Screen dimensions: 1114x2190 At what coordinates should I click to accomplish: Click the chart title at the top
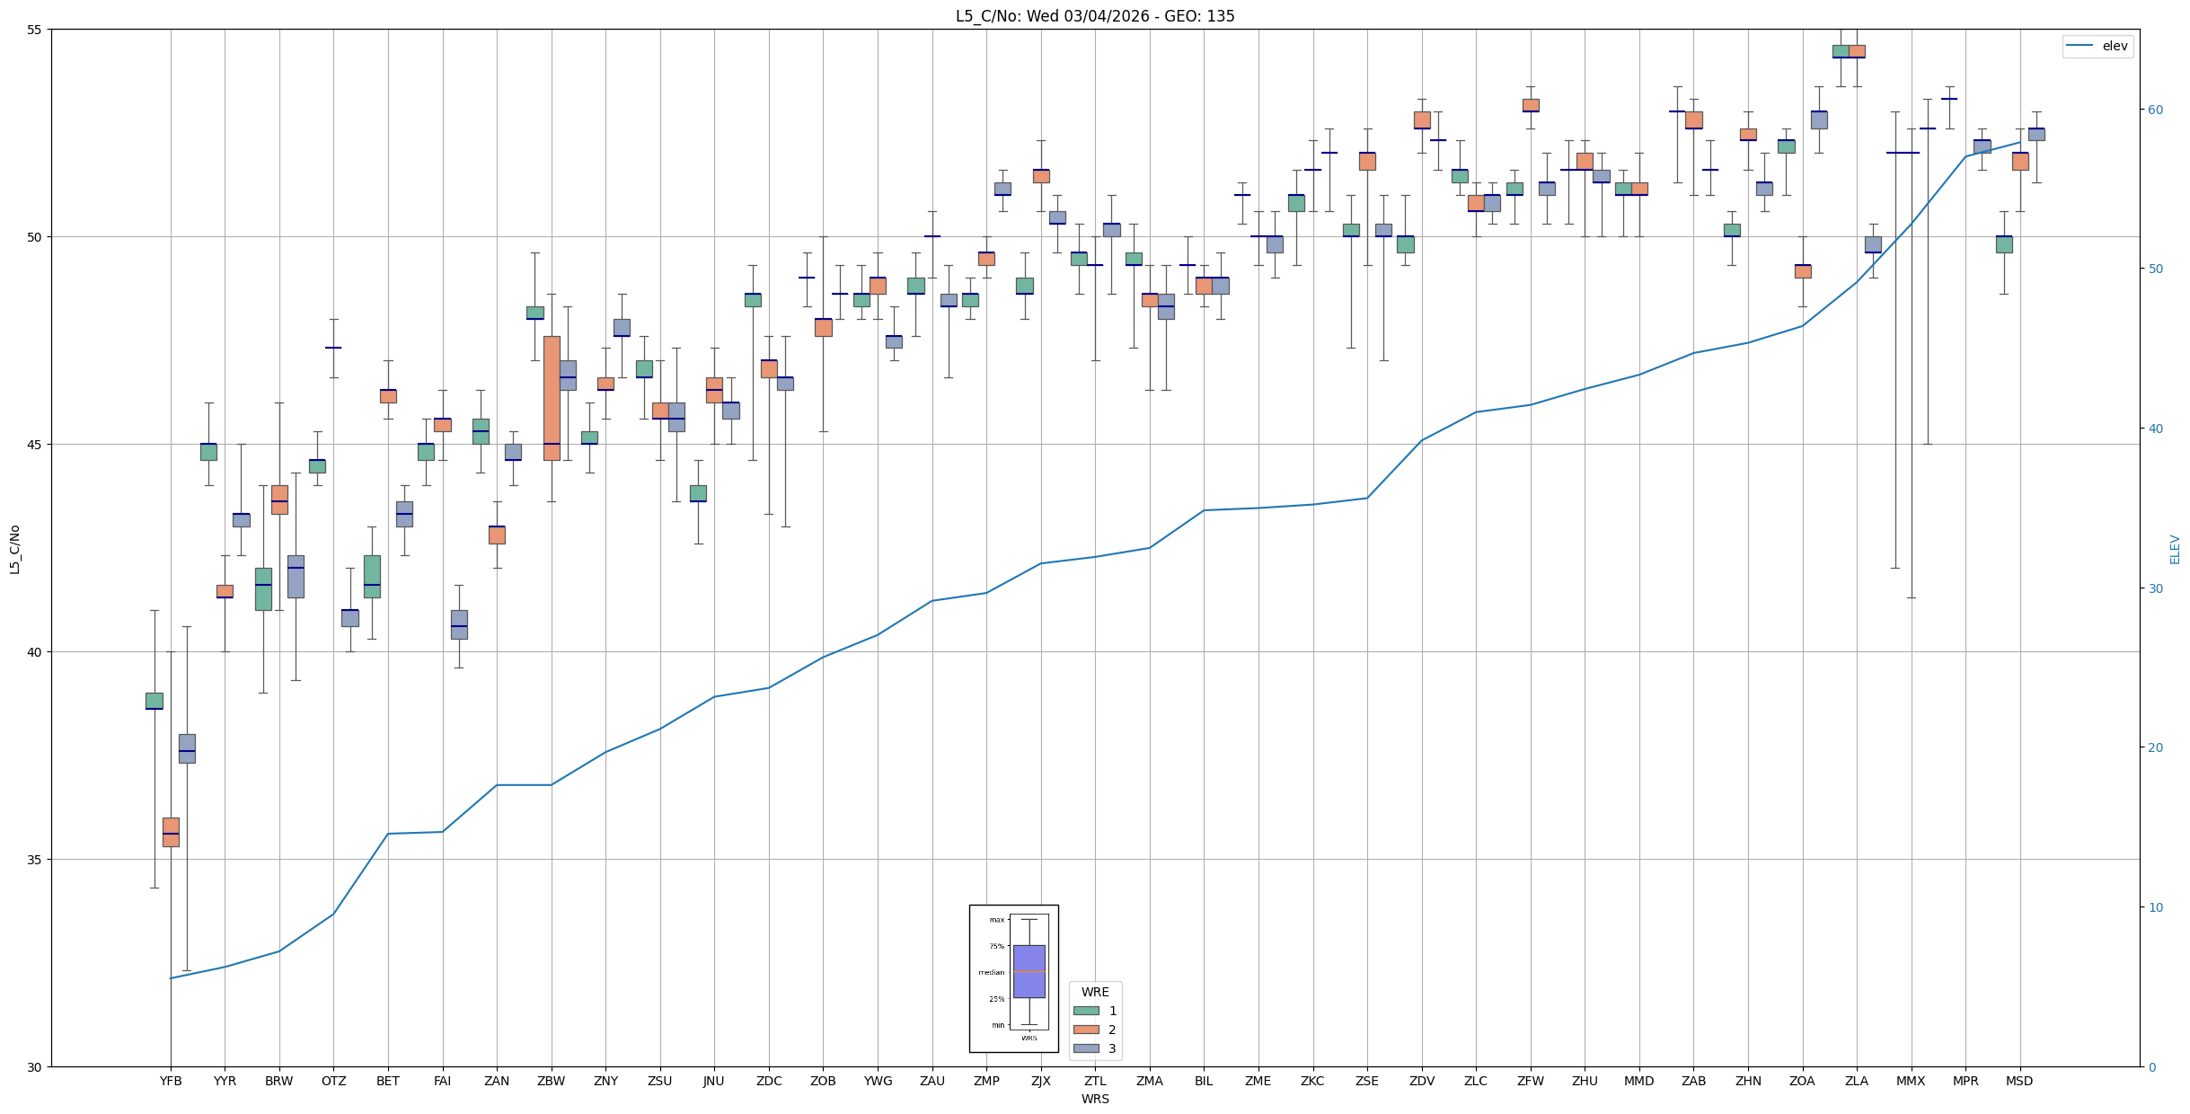[1094, 16]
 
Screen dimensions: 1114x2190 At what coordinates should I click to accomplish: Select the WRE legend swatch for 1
[1086, 1011]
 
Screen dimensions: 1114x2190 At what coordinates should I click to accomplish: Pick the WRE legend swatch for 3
[1086, 1048]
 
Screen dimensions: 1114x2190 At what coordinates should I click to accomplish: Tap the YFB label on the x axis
[171, 1081]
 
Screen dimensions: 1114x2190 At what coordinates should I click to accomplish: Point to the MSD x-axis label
[2019, 1081]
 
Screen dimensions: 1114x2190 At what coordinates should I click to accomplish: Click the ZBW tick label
[551, 1081]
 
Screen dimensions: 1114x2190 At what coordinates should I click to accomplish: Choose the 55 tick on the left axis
[35, 30]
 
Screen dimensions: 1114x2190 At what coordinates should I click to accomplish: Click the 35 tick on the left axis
[35, 860]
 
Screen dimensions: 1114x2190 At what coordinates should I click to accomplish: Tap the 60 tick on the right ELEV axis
[2155, 110]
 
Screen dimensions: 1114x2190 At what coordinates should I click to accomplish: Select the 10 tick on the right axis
[2155, 907]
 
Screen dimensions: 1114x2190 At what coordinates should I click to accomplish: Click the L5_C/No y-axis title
[14, 550]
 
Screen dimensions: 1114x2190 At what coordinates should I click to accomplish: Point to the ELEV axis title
[2175, 550]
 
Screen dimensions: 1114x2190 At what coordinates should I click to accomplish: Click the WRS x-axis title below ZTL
[1094, 1099]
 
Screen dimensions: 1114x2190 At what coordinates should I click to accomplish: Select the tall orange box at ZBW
[552, 398]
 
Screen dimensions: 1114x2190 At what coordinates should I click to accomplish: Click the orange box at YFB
[171, 832]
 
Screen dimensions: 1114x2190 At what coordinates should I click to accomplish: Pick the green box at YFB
[155, 701]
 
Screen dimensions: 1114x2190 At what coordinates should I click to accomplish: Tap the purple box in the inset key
[1029, 971]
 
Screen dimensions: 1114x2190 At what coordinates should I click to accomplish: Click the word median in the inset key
[992, 973]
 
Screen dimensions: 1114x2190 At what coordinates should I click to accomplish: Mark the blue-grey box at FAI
[459, 624]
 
